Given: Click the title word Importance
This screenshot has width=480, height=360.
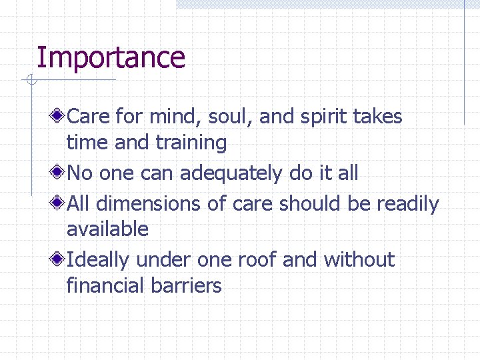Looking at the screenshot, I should pos(111,57).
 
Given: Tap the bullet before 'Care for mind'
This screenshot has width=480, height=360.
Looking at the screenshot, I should pos(59,117).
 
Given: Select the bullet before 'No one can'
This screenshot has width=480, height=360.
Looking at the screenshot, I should pos(59,173).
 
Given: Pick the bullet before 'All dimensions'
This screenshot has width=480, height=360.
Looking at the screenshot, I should pos(59,203).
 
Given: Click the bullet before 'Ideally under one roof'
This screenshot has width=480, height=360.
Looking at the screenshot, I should pos(59,260).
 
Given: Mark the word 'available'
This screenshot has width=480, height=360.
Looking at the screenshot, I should pos(107,229).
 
